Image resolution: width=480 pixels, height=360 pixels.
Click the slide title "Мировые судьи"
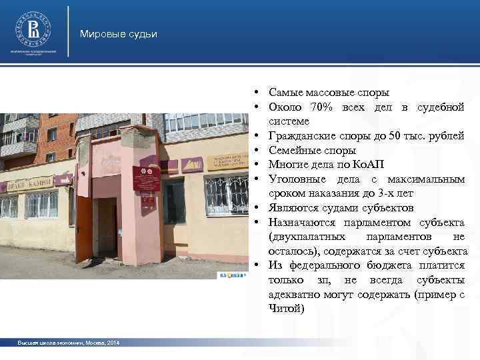118,34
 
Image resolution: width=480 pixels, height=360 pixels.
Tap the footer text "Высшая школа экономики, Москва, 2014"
70,343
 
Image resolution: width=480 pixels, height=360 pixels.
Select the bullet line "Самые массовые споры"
329,93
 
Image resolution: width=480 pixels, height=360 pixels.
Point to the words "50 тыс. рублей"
428,136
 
